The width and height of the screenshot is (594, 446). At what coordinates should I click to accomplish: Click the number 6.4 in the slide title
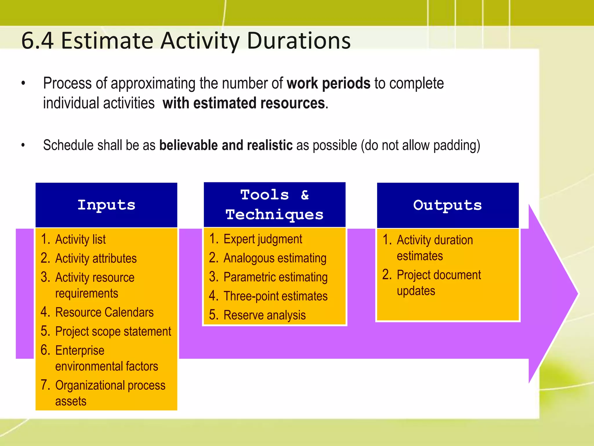(x=37, y=41)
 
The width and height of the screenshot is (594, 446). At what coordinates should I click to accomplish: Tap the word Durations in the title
(x=299, y=41)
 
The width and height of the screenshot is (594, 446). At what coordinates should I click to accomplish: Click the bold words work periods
(x=328, y=83)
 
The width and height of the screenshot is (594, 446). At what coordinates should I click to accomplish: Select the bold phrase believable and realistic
(x=226, y=145)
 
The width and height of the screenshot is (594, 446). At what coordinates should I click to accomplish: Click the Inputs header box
(x=106, y=205)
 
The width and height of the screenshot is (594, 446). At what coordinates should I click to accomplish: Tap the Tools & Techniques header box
(x=274, y=205)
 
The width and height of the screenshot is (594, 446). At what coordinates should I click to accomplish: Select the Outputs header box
(x=448, y=205)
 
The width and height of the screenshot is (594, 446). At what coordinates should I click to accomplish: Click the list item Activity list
(x=80, y=240)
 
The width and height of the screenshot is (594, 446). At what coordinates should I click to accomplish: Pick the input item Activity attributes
(x=96, y=258)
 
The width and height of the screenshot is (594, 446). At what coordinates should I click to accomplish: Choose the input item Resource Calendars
(x=104, y=312)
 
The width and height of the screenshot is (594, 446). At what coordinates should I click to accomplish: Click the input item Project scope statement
(x=113, y=332)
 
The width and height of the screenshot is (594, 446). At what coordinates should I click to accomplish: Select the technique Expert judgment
(x=263, y=239)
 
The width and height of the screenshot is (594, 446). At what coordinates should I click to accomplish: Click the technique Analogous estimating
(x=275, y=258)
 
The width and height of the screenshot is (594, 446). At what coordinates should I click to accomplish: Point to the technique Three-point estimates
(x=275, y=296)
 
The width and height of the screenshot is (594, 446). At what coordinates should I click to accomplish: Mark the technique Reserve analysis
(x=265, y=315)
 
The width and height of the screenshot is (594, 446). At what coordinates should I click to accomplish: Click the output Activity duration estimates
(x=434, y=248)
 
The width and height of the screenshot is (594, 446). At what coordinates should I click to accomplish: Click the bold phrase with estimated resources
(x=244, y=103)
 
